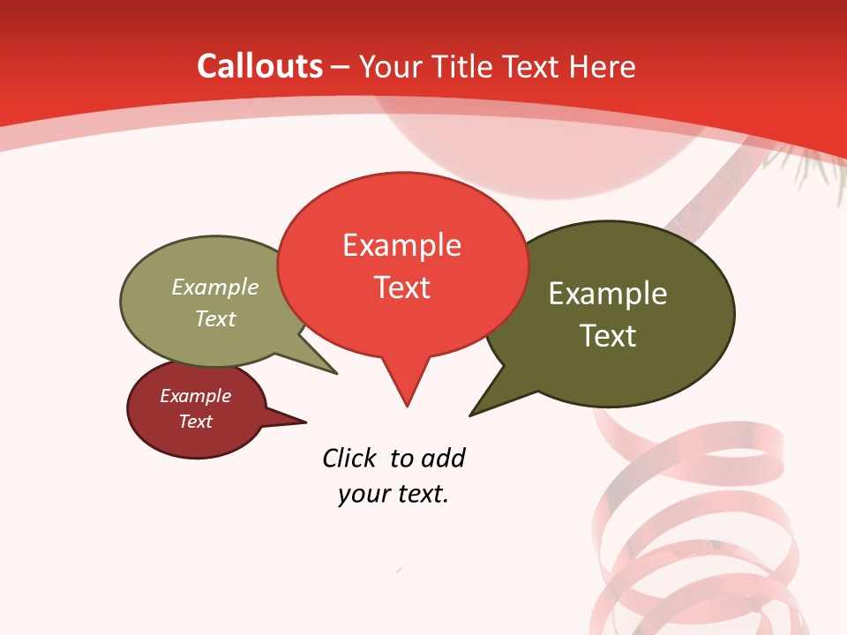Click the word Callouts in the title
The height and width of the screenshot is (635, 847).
[259, 66]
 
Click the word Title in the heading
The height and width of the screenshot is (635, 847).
[462, 66]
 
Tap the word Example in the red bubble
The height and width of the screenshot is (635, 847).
[401, 245]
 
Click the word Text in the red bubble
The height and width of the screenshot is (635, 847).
[401, 288]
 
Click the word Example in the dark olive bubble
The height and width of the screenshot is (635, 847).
[608, 294]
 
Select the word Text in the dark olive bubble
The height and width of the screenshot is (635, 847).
[608, 335]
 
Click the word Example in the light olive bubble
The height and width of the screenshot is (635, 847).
[215, 288]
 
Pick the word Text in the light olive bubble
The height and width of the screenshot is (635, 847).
[215, 318]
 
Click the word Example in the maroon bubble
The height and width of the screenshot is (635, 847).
[195, 396]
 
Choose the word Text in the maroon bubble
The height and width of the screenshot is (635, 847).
[195, 422]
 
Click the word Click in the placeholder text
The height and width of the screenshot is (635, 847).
[349, 458]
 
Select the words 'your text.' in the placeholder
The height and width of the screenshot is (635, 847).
[394, 494]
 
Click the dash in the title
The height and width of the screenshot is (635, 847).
[341, 67]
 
